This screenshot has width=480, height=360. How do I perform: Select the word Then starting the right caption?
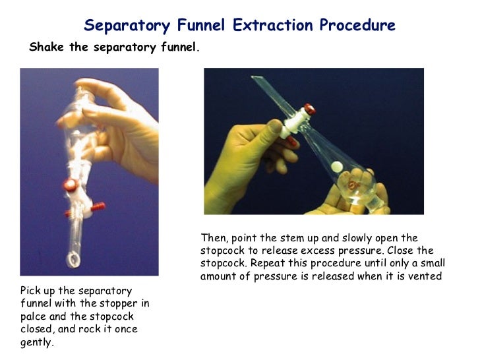click(213, 238)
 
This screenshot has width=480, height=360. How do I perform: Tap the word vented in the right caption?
click(426, 276)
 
